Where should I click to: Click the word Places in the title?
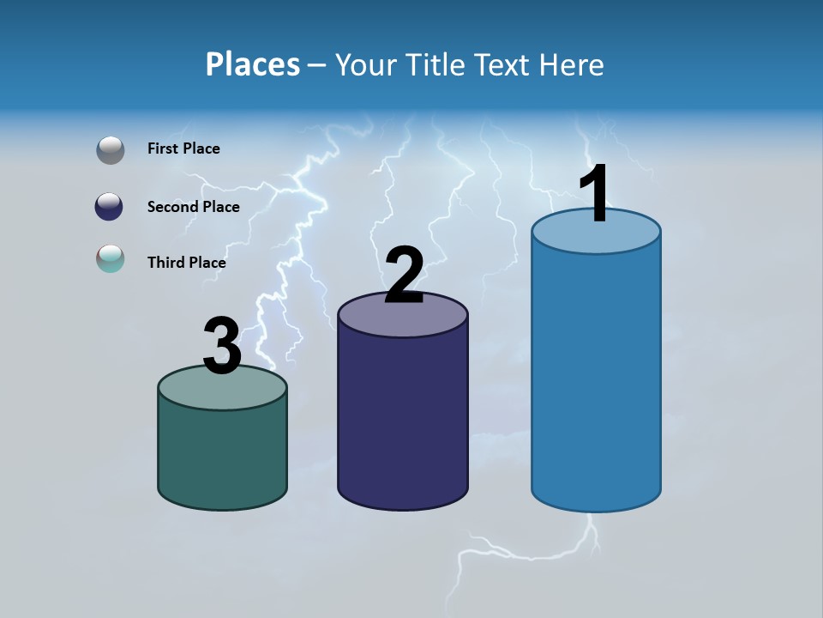pyautogui.click(x=252, y=64)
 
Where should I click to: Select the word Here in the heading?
pyautogui.click(x=572, y=64)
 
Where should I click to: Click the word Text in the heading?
pyautogui.click(x=503, y=64)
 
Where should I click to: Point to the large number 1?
pyautogui.click(x=594, y=194)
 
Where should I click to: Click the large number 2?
pyautogui.click(x=404, y=276)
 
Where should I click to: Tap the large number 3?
pyautogui.click(x=222, y=346)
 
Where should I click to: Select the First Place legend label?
pyautogui.click(x=183, y=148)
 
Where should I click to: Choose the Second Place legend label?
pyautogui.click(x=193, y=207)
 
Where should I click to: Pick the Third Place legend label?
pyautogui.click(x=186, y=263)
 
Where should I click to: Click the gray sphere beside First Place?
pyautogui.click(x=111, y=150)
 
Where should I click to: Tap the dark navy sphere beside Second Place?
pyautogui.click(x=110, y=207)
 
